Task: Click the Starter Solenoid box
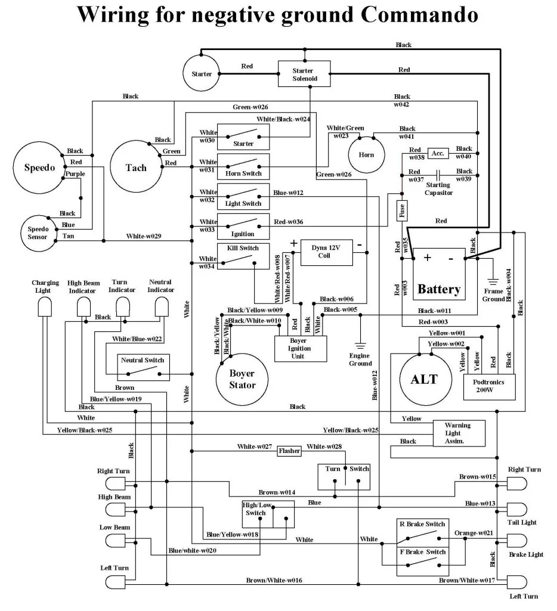point(303,75)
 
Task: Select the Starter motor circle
point(201,74)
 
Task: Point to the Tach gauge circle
point(136,168)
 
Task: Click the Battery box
point(439,274)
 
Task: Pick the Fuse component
point(402,210)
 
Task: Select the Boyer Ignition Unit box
point(301,348)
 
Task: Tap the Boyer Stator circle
point(242,379)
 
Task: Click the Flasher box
point(289,451)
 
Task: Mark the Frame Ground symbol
point(493,280)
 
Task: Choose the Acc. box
point(437,154)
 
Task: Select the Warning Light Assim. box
point(457,433)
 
